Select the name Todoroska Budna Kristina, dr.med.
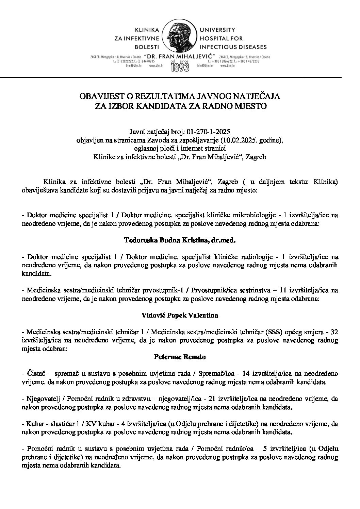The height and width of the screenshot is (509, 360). tap(180, 240)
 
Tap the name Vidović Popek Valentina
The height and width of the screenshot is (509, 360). tap(180, 315)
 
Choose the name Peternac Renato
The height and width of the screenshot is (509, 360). tap(180, 357)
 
